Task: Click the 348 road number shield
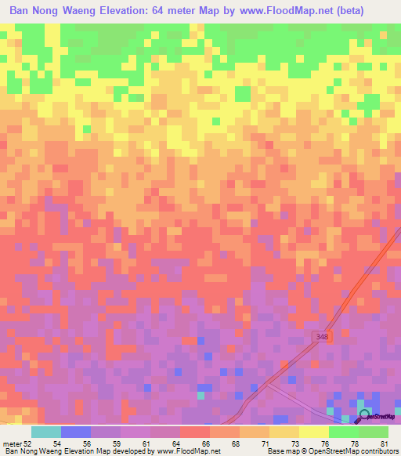[x=319, y=335]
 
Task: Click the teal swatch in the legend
[x=45, y=432]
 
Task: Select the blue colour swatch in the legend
[x=75, y=432]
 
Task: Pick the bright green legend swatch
[x=343, y=432]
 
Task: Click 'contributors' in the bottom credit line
[x=378, y=451]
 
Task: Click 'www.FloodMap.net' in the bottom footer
[x=188, y=451]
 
